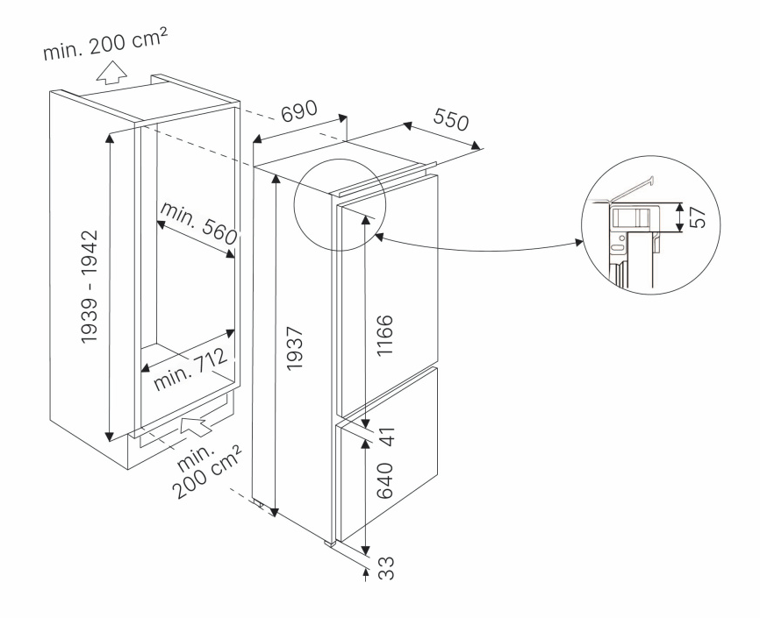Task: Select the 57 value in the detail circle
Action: coord(700,218)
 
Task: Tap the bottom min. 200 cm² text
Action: coord(208,472)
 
